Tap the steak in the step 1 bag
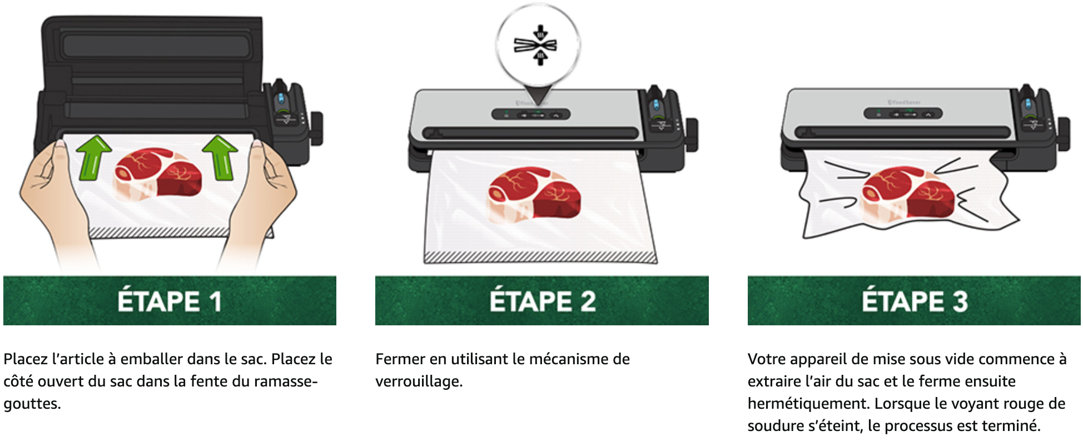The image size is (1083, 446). point(158,172)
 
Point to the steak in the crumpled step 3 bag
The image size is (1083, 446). point(907,192)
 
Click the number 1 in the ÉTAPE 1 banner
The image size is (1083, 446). point(216,301)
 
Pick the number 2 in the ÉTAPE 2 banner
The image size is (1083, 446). point(588,301)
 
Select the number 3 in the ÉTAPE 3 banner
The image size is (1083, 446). point(960,301)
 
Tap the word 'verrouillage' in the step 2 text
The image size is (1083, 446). point(418,381)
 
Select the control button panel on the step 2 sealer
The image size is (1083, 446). point(531,114)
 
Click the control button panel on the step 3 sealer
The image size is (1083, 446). point(903,113)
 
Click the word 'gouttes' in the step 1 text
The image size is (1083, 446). point(31,404)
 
